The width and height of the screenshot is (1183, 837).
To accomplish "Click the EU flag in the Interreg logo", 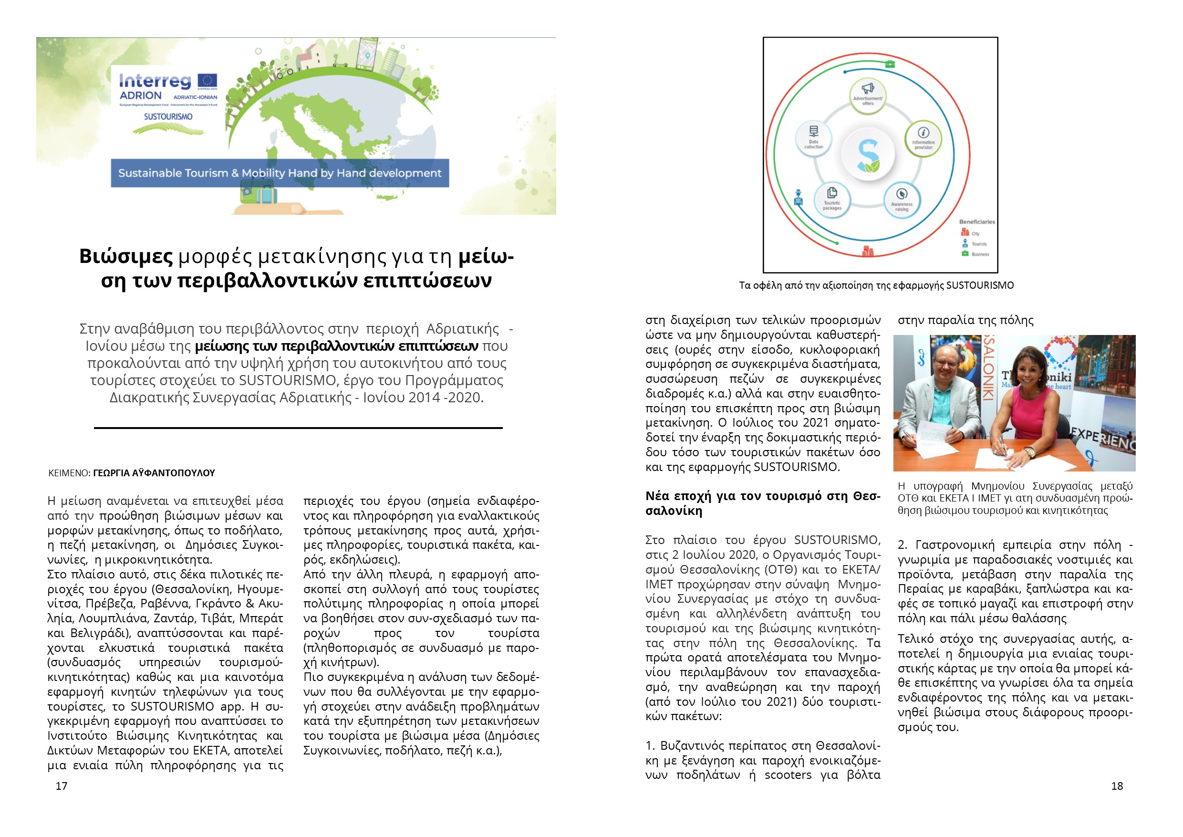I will [208, 81].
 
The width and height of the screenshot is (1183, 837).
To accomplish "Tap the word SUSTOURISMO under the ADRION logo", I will [168, 117].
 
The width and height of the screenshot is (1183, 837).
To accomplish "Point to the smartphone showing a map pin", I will [367, 54].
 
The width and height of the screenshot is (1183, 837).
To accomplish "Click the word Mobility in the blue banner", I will [260, 173].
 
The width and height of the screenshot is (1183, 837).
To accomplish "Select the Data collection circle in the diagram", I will [814, 137].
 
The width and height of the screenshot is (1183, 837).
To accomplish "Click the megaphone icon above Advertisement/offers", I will [868, 88].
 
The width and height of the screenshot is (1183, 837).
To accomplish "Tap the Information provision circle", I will [924, 138].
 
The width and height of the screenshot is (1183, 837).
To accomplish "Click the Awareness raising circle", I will [902, 200].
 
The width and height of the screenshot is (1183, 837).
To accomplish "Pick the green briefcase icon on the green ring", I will [890, 64].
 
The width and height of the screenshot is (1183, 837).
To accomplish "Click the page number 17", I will [62, 786].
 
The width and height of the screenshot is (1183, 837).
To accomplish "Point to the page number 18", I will [1117, 786].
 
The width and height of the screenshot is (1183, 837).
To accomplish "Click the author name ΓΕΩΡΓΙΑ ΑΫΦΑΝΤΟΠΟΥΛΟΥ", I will [154, 473].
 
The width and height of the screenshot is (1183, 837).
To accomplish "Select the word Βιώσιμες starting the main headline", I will [126, 257].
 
